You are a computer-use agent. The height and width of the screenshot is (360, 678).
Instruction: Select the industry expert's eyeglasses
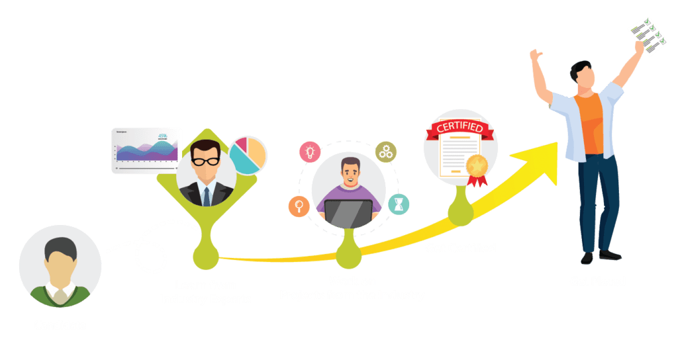coord(206,161)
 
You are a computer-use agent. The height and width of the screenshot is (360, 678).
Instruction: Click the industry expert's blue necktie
coord(207,196)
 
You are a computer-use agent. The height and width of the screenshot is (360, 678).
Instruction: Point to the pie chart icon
coord(248,156)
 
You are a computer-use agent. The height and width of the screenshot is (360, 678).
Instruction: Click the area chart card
coord(146,150)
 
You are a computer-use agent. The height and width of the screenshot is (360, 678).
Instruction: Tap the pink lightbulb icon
coord(309,152)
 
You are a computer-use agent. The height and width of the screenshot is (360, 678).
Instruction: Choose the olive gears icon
coord(386,152)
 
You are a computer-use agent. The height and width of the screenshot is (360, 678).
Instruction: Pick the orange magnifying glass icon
coord(299,206)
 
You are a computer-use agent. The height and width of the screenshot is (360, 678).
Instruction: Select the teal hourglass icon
coord(399,204)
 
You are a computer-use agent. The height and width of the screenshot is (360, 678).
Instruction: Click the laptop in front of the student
coord(348,212)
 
